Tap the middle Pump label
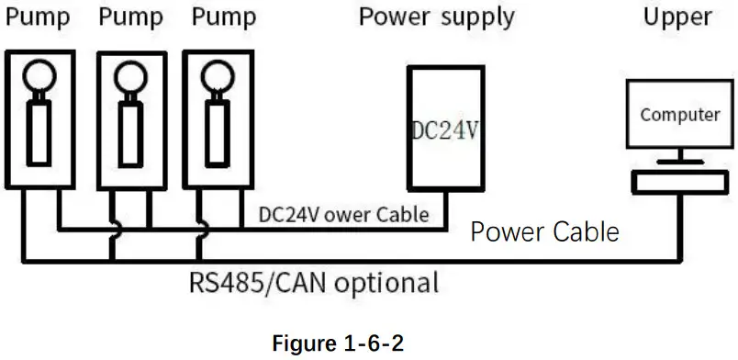[x=130, y=17]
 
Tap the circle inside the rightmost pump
[x=218, y=73]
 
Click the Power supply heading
[x=436, y=17]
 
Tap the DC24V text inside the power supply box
[x=443, y=130]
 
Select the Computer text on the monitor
[x=679, y=115]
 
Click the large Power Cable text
[x=544, y=231]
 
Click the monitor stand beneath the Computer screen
[x=679, y=158]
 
